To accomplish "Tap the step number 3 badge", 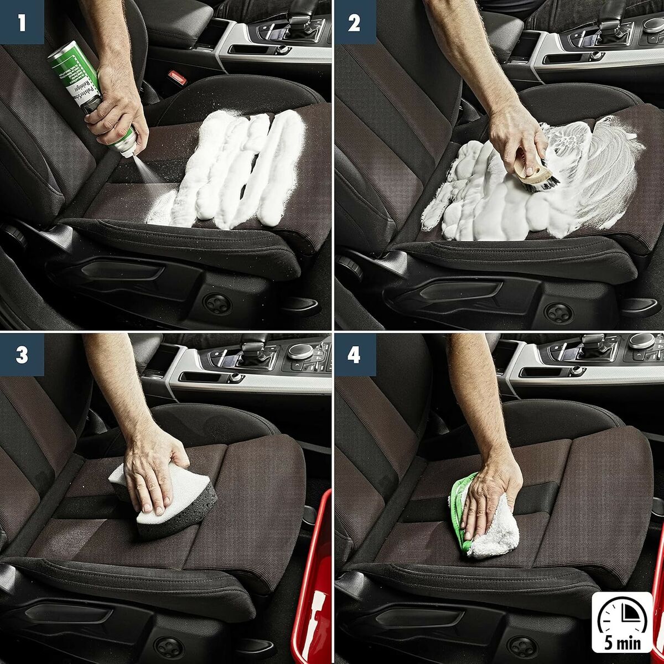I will pos(22,355).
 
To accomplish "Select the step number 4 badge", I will pos(354,355).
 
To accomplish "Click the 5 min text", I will pos(622,643).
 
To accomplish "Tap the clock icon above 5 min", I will pos(622,614).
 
